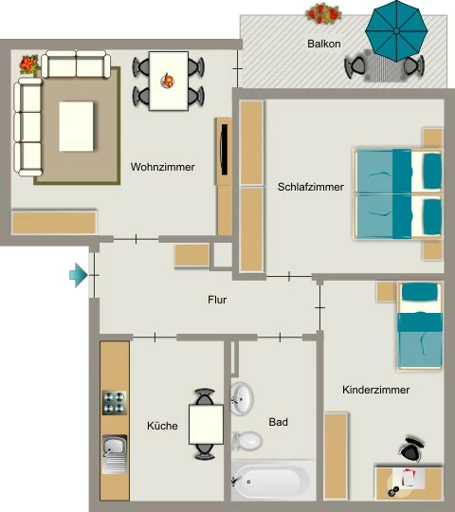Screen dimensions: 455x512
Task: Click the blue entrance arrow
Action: pos(79,275)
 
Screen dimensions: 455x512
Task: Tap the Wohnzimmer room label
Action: pos(162,167)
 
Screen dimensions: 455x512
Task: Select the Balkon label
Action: pos(324,44)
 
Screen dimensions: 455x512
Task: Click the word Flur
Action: pos(217,300)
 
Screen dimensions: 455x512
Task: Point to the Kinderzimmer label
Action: pos(375,390)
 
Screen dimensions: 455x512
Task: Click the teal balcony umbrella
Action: pos(396,31)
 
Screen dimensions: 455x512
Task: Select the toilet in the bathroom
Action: pos(246,441)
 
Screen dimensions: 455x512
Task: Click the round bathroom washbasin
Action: pos(242,398)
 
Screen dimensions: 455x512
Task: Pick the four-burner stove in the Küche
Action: pos(115,403)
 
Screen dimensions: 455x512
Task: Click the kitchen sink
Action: pos(115,454)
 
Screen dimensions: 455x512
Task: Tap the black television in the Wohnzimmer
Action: pos(224,150)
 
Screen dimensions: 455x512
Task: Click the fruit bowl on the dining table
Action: pos(168,81)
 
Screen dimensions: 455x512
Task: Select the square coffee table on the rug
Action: pos(76,126)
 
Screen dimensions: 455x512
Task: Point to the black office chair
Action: pos(411,449)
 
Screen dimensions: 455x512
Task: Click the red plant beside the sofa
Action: pos(29,64)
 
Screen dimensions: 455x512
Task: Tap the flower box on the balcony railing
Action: pos(323,13)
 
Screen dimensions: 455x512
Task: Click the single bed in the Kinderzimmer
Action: pos(420,326)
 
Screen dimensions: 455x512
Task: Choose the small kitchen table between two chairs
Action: pos(206,425)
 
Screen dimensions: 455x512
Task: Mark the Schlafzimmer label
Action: pos(310,187)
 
